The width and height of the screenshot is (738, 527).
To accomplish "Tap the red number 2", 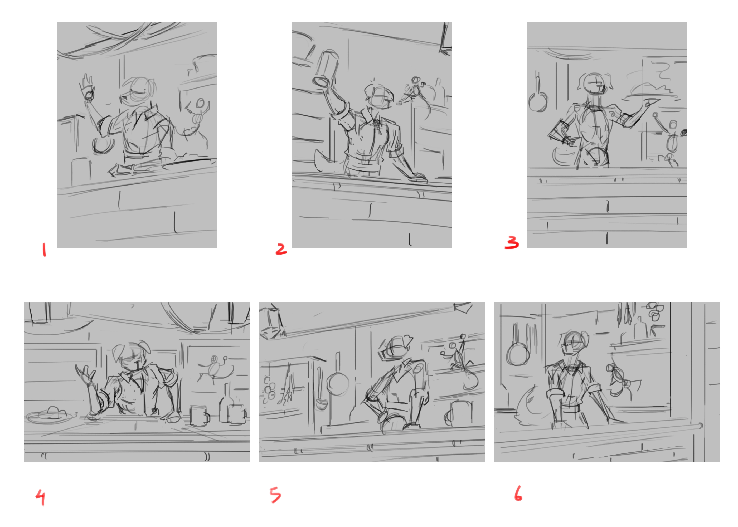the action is click(281, 249).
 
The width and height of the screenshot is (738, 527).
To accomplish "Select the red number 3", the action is click(512, 242).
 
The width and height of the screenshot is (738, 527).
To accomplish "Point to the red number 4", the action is click(41, 497).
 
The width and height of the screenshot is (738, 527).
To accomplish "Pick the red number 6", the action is click(518, 493).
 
